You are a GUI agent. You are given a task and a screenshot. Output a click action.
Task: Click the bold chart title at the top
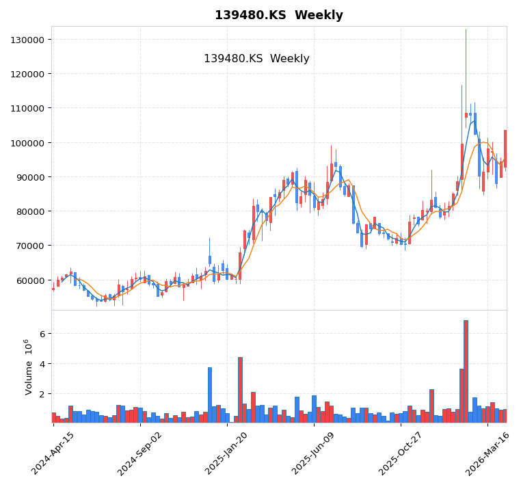(279, 15)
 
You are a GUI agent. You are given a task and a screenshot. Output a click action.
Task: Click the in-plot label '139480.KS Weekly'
(256, 59)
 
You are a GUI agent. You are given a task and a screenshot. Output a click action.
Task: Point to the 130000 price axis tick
(27, 40)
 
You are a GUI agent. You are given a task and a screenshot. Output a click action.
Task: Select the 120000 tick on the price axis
(27, 74)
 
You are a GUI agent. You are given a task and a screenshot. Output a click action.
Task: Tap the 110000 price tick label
(27, 108)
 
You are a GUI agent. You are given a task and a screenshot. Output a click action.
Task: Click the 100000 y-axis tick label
(27, 143)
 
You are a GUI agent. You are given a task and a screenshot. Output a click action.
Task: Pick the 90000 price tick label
(30, 177)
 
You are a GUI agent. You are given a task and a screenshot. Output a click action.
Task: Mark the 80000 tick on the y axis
(30, 211)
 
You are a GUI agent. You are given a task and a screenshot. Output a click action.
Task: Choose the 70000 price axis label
(30, 246)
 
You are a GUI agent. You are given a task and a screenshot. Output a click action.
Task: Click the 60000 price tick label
(30, 280)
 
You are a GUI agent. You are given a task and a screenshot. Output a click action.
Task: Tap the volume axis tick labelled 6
(41, 334)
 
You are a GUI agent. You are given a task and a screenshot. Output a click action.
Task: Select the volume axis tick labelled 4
(41, 364)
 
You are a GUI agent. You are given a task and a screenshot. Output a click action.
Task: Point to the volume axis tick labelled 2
(41, 394)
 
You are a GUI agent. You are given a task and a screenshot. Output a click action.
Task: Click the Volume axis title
(28, 367)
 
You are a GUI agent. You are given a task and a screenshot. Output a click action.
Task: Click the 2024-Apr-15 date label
(53, 453)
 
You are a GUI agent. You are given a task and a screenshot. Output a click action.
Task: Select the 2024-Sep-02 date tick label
(140, 453)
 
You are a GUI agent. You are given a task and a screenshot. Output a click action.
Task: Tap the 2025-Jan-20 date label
(227, 453)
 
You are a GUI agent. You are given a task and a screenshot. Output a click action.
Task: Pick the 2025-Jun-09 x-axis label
(314, 453)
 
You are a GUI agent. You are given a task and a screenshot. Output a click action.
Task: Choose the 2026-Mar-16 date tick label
(487, 453)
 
